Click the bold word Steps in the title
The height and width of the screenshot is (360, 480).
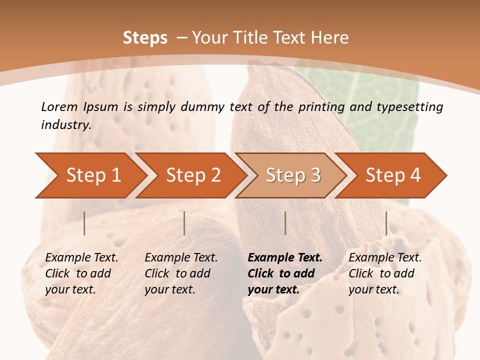coord(145,38)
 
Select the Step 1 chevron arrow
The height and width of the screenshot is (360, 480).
coord(93,175)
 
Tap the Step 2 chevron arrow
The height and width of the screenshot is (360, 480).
coord(193,175)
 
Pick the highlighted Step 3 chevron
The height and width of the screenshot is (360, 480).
coord(293,175)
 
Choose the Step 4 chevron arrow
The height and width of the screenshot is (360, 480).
coord(393,175)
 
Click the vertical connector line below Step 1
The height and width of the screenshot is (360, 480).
coord(84,223)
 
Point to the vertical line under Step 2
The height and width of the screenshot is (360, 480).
coord(184,223)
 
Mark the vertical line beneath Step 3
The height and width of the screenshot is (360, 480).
coord(285,223)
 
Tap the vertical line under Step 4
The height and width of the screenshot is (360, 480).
coord(386,223)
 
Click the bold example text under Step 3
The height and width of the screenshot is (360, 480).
coord(284,273)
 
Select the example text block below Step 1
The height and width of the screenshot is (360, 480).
coord(81,273)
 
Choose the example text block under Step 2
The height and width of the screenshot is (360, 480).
coord(181,273)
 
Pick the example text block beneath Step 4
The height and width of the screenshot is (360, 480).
coord(384,273)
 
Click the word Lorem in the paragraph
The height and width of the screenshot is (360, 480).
coord(59,106)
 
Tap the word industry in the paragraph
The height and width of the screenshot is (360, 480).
coord(65,124)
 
